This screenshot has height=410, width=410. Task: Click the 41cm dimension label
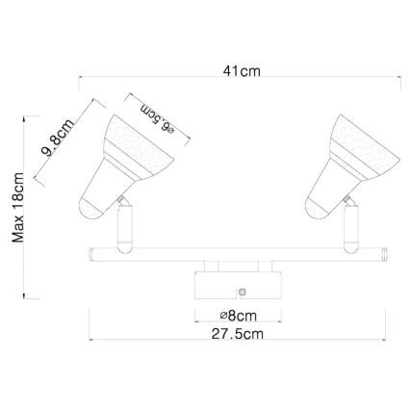241,71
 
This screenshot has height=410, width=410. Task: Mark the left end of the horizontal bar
89,255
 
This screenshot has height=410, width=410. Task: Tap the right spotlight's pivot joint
344,200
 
